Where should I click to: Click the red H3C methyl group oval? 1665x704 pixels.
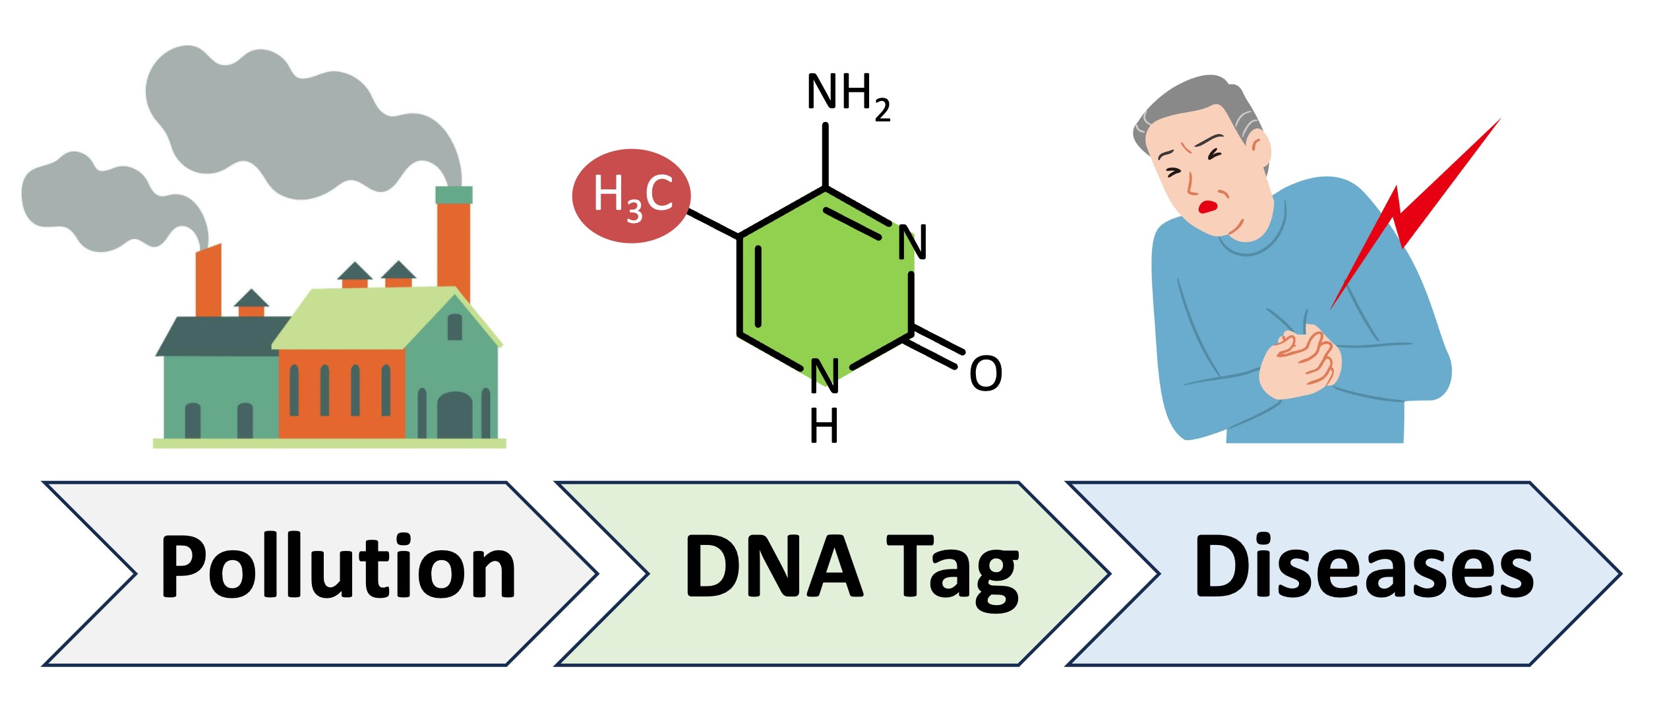tap(631, 196)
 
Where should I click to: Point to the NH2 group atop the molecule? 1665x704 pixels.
tap(847, 96)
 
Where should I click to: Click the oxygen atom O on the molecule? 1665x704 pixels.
tap(985, 374)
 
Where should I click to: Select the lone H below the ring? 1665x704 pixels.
tap(824, 426)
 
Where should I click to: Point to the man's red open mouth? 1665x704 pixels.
tap(1207, 207)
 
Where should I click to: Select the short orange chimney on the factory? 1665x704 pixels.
tap(208, 280)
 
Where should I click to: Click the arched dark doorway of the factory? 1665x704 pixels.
tap(454, 415)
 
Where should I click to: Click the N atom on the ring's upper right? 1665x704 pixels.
tap(912, 243)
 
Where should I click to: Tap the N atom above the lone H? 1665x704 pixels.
tap(824, 376)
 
